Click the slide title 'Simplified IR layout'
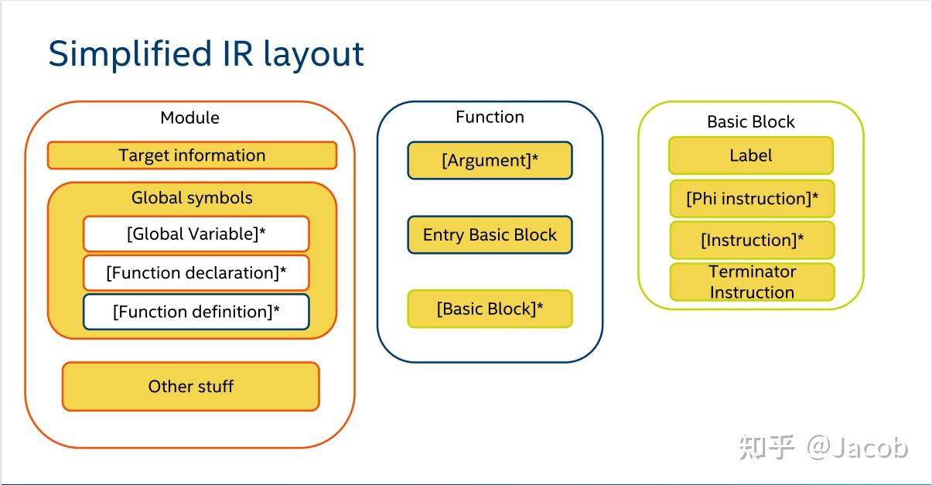click(206, 54)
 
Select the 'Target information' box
click(192, 155)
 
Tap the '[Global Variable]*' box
click(196, 234)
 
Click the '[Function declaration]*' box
click(196, 273)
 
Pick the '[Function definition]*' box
click(196, 312)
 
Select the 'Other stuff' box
click(190, 386)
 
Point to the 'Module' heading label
click(189, 118)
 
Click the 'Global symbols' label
click(192, 198)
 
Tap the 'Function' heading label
click(490, 117)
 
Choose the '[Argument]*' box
click(490, 161)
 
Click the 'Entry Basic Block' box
click(490, 235)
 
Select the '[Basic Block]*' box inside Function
click(490, 309)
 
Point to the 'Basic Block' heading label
click(750, 122)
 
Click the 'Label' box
click(750, 155)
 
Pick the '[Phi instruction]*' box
click(752, 199)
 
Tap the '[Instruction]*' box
click(752, 241)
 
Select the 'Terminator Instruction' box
click(752, 282)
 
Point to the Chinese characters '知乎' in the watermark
click(766, 447)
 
